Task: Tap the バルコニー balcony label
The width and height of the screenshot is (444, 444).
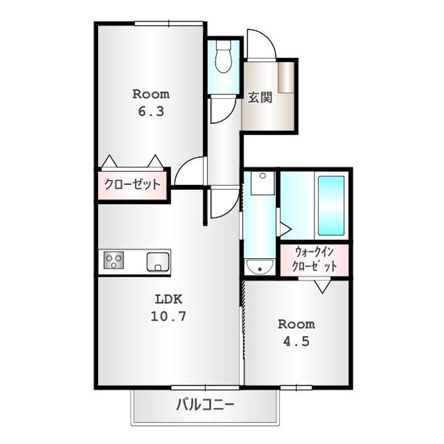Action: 205,406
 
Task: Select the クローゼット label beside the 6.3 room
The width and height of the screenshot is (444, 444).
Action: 132,184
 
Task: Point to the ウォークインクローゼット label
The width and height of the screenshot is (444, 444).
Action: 315,260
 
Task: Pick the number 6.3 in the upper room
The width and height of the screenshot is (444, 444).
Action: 150,112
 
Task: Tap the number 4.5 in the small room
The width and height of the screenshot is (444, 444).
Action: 297,341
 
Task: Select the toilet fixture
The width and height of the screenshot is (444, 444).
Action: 223,57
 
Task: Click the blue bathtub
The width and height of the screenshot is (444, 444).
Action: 331,206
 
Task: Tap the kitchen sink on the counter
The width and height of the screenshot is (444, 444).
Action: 158,261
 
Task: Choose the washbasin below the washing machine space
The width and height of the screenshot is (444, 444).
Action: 260,267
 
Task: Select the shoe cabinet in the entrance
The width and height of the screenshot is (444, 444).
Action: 286,78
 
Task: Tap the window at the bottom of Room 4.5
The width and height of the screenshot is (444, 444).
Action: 296,387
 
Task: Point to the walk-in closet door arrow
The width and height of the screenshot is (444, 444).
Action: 322,286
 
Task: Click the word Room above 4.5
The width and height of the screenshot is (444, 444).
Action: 296,324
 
